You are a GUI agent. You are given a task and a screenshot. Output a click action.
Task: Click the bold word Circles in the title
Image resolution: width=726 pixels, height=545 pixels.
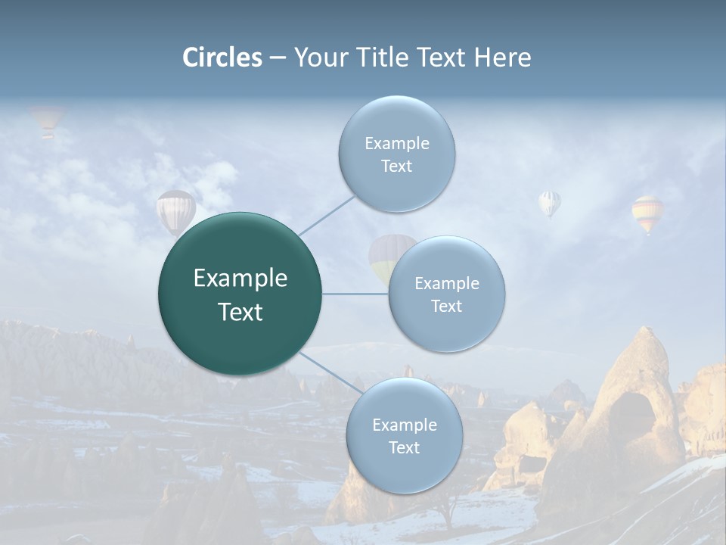point(222,58)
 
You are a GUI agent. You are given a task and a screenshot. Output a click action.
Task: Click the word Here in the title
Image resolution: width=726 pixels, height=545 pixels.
point(502,58)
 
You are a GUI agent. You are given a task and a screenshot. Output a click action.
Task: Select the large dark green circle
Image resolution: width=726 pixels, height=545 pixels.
point(240,294)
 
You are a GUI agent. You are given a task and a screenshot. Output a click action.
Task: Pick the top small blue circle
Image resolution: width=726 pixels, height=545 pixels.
point(396,154)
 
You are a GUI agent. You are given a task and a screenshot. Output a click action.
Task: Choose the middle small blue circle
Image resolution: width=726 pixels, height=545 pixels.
point(447,294)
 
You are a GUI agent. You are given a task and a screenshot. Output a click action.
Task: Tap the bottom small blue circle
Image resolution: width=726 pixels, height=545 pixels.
point(404,435)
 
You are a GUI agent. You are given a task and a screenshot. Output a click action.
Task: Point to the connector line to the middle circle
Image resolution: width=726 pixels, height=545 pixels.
point(355,294)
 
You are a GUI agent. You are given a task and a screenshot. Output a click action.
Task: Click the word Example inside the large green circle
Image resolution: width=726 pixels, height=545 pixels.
point(240,279)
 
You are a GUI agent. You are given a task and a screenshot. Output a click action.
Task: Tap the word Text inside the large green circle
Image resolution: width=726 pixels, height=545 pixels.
point(240,312)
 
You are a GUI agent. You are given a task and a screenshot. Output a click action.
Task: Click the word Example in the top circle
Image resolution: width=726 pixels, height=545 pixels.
point(396,143)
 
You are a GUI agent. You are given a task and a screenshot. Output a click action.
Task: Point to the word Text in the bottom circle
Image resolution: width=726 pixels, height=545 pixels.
point(404,447)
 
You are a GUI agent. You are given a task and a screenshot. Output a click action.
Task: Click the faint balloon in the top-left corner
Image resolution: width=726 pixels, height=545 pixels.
point(47,120)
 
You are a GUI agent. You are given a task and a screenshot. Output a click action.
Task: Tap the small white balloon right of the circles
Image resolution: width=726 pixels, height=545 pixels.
point(550,202)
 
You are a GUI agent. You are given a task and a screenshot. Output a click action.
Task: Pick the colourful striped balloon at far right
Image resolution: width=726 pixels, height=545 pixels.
point(647,213)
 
